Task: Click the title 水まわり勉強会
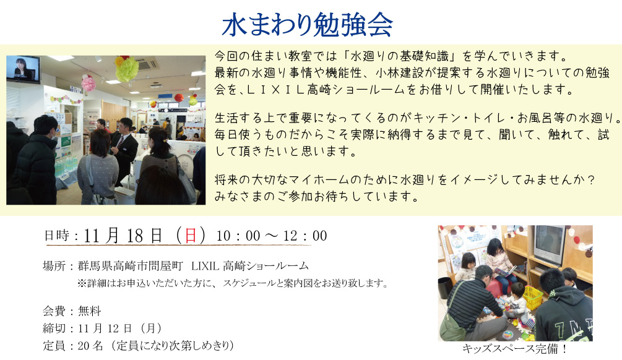click(x=308, y=25)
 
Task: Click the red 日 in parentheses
click(x=191, y=236)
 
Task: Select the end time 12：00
click(x=305, y=236)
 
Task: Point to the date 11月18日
click(x=123, y=236)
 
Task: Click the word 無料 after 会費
click(x=90, y=311)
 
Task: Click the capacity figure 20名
click(x=90, y=346)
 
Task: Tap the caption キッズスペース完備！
click(x=514, y=349)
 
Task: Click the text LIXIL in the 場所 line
click(x=205, y=265)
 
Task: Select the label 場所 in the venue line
click(x=54, y=265)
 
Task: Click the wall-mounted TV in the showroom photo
click(x=23, y=69)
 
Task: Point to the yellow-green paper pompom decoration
click(x=127, y=69)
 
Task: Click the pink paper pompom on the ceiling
click(x=89, y=83)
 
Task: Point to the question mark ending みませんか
click(x=591, y=179)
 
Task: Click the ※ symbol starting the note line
click(x=82, y=283)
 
